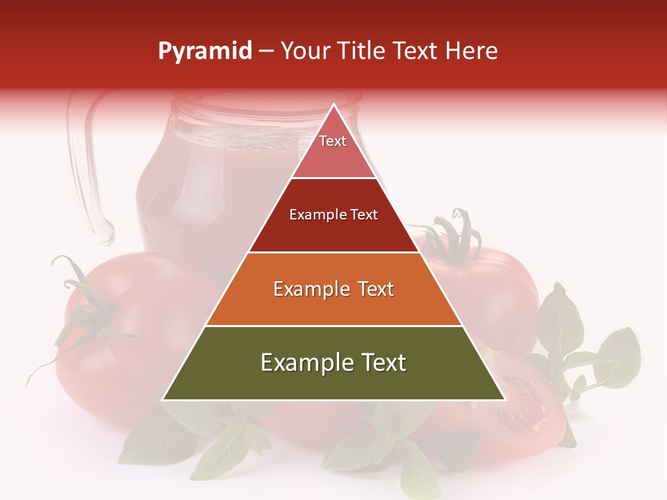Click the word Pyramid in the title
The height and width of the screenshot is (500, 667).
(205, 51)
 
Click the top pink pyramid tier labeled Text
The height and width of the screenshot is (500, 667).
(333, 149)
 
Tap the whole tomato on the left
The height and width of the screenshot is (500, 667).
(132, 333)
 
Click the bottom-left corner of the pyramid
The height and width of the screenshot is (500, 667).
(163, 399)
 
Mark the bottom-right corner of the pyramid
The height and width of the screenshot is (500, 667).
(504, 399)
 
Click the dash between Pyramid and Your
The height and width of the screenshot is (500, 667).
(266, 51)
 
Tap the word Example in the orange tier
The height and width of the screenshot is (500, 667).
(309, 289)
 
